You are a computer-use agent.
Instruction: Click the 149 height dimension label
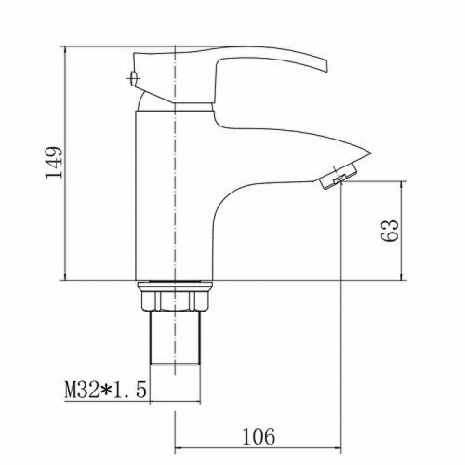[x=54, y=162]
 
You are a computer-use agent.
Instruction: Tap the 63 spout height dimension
[x=389, y=231]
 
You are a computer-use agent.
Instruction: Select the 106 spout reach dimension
[x=259, y=436]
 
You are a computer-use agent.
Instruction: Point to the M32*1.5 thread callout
[x=105, y=390]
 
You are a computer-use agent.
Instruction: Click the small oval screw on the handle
[x=133, y=78]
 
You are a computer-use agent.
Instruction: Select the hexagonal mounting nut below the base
[x=175, y=299]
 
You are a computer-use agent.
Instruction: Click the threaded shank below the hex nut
[x=175, y=338]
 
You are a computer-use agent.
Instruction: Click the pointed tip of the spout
[x=370, y=153]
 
